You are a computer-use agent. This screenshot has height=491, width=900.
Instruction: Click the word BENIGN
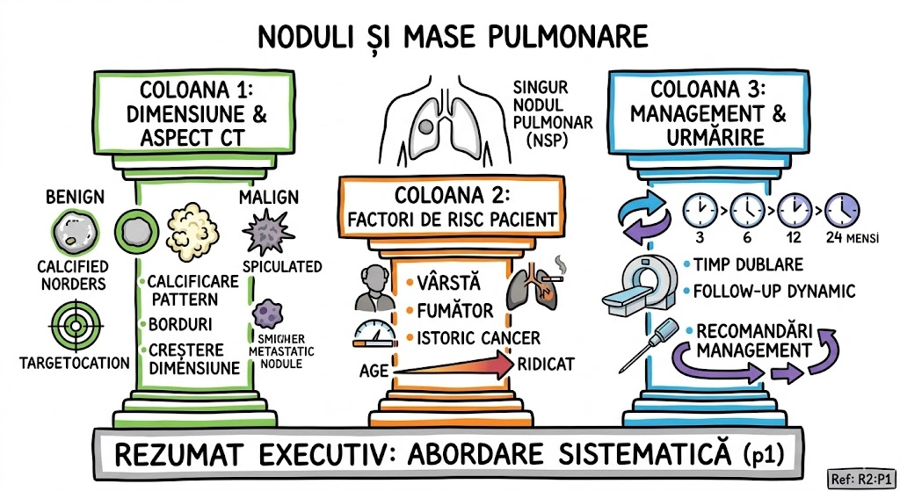tap(74, 194)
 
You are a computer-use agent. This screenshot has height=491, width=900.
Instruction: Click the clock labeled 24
tap(842, 211)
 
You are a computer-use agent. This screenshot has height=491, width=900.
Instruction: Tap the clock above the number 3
tap(701, 211)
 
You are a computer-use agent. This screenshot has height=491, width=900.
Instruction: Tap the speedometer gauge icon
tap(373, 335)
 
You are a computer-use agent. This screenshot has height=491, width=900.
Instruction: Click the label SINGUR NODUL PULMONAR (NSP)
tap(555, 115)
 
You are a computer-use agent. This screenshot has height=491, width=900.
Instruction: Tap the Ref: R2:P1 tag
tap(860, 479)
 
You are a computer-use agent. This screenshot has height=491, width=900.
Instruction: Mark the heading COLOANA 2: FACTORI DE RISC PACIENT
tap(452, 206)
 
